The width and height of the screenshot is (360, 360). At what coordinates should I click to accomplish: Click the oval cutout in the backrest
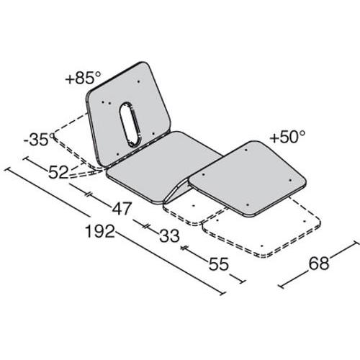(130, 124)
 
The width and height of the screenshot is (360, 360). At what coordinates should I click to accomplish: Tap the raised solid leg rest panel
(245, 176)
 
